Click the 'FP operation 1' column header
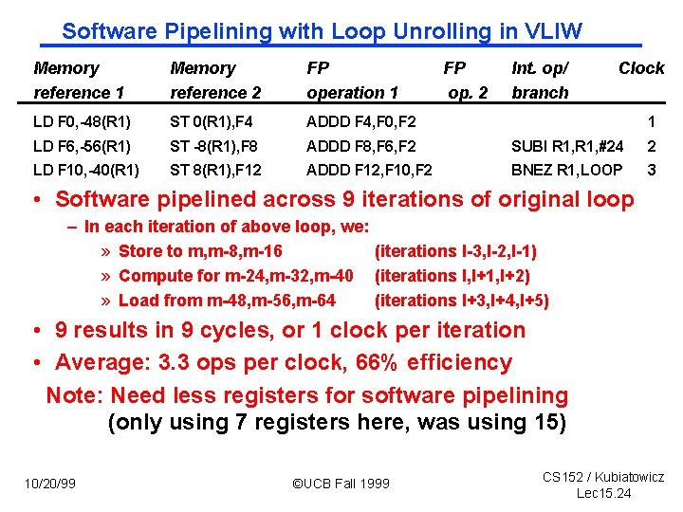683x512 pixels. pyautogui.click(x=352, y=81)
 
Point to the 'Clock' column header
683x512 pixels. pyautogui.click(x=641, y=68)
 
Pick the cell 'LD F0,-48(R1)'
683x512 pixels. pyautogui.click(x=82, y=121)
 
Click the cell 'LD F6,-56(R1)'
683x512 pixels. pyautogui.click(x=82, y=147)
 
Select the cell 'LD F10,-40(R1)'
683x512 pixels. pyautogui.click(x=85, y=171)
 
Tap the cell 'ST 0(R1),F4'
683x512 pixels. pyautogui.click(x=210, y=121)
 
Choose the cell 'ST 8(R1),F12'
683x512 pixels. pyautogui.click(x=215, y=171)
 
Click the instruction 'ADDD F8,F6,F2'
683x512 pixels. pyautogui.click(x=360, y=147)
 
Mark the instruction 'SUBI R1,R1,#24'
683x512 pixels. pyautogui.click(x=567, y=147)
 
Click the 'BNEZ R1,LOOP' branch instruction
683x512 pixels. pyautogui.click(x=566, y=171)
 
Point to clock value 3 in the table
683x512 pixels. pyautogui.click(x=651, y=171)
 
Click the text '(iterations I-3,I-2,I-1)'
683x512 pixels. pyautogui.click(x=455, y=251)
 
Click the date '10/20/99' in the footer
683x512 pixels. pyautogui.click(x=50, y=484)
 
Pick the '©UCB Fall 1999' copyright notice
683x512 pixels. pyautogui.click(x=341, y=484)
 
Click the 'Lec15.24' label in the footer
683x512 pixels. pyautogui.click(x=603, y=493)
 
